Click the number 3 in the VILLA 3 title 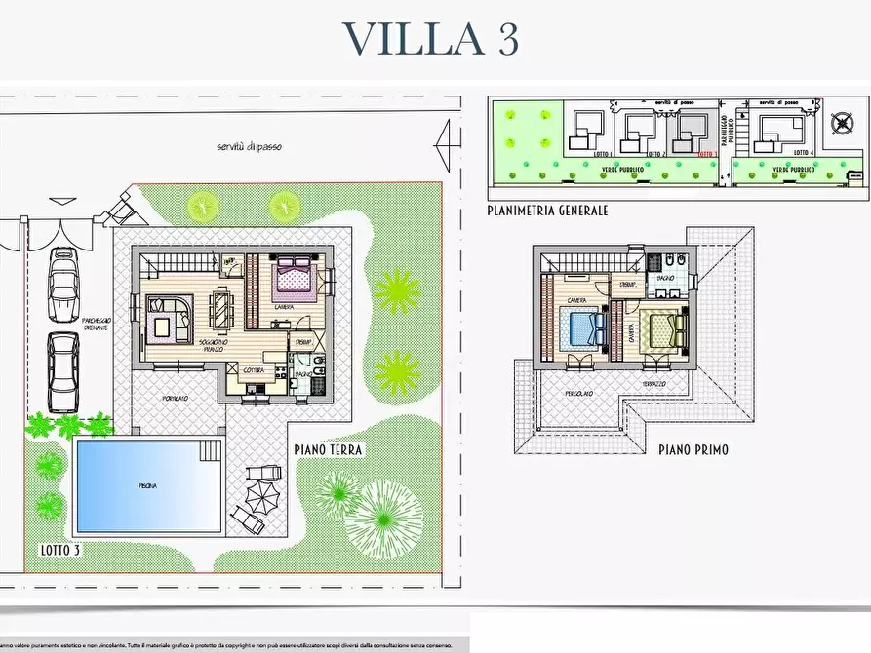pyautogui.click(x=500, y=39)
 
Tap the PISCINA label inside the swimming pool pyautogui.click(x=147, y=485)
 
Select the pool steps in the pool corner pyautogui.click(x=210, y=449)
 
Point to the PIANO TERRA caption pyautogui.click(x=329, y=450)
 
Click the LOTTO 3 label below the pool pyautogui.click(x=59, y=550)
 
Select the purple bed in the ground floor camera pyautogui.click(x=295, y=277)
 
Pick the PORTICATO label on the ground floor pyautogui.click(x=177, y=400)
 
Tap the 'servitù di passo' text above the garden pyautogui.click(x=250, y=147)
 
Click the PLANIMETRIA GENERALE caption pyautogui.click(x=547, y=211)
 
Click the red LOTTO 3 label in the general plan pyautogui.click(x=708, y=154)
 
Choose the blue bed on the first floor pyautogui.click(x=582, y=328)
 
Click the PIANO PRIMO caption pyautogui.click(x=693, y=450)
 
